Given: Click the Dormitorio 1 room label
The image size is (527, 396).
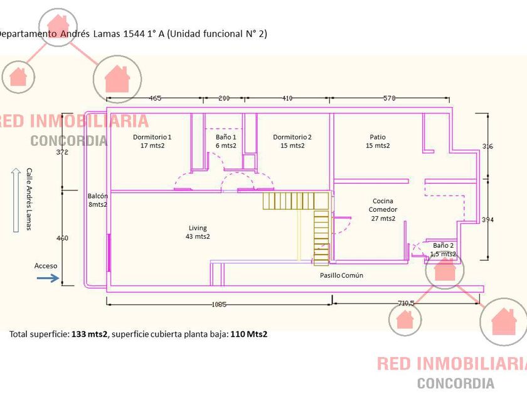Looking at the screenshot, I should (x=152, y=141).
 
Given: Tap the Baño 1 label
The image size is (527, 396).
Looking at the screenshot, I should (x=226, y=141).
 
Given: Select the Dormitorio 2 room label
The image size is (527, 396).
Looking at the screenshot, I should (x=292, y=141).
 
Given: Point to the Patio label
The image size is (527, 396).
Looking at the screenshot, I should (x=378, y=141).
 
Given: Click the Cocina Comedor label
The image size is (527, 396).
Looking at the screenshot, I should (x=383, y=210).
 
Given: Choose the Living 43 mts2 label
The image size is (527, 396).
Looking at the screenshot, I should (x=198, y=232).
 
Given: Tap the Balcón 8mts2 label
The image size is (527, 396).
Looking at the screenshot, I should (x=98, y=200).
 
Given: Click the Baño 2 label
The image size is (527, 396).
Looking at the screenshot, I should (x=443, y=249).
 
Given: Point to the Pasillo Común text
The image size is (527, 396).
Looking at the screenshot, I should (x=341, y=275).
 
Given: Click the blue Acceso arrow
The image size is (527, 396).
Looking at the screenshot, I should (x=48, y=277).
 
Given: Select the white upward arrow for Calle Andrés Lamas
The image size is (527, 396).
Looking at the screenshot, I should (x=14, y=201).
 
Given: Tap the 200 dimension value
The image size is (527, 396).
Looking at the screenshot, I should (x=224, y=99).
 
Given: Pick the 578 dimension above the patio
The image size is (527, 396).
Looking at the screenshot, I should (x=389, y=99).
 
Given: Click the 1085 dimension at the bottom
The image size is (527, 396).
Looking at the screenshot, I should (x=219, y=305).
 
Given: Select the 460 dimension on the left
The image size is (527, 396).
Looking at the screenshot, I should (x=62, y=238).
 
